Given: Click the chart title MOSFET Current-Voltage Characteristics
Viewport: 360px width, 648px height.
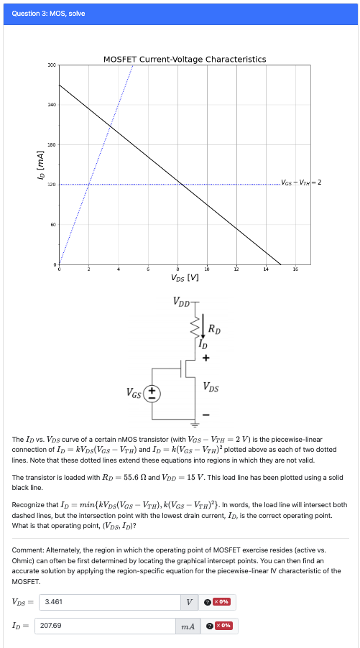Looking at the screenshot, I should [x=185, y=59].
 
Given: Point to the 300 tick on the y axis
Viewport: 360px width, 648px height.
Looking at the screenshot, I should [x=52, y=65].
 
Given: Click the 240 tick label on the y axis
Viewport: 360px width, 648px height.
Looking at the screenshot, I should [x=52, y=106].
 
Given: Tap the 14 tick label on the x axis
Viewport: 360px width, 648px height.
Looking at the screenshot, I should [x=266, y=269].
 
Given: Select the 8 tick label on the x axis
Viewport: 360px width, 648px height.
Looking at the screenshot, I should [x=177, y=269].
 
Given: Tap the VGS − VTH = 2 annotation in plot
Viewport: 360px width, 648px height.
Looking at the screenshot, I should [x=301, y=182].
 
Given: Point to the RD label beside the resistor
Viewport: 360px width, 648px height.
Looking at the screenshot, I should [x=213, y=329].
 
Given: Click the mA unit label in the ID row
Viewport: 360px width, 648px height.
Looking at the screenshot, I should [x=188, y=626].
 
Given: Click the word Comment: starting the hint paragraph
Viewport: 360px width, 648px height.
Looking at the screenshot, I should [x=28, y=550].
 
